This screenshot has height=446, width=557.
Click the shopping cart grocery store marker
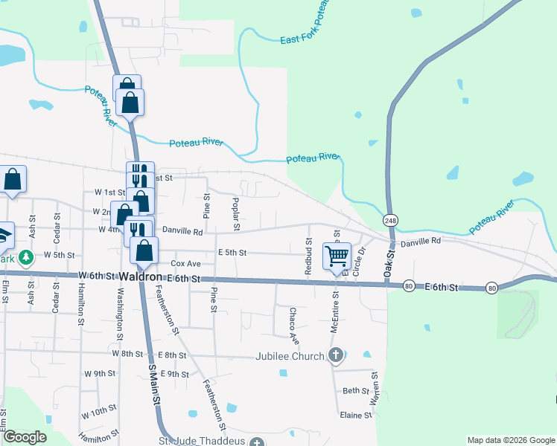[337, 256]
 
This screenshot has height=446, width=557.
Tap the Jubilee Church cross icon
[335, 356]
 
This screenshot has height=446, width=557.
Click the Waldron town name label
[141, 277]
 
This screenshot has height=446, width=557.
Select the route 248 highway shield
[390, 221]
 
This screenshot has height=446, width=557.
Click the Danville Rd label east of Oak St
[421, 242]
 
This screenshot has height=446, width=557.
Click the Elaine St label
[355, 416]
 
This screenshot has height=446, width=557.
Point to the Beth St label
[356, 391]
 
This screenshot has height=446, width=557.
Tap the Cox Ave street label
[186, 264]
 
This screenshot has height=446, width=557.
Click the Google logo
[25, 438]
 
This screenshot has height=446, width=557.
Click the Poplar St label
[235, 208]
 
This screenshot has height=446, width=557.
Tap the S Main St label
[154, 385]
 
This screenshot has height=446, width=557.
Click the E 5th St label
[232, 253]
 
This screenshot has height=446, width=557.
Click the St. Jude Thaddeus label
[203, 442]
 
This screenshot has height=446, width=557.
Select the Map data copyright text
[510, 440]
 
